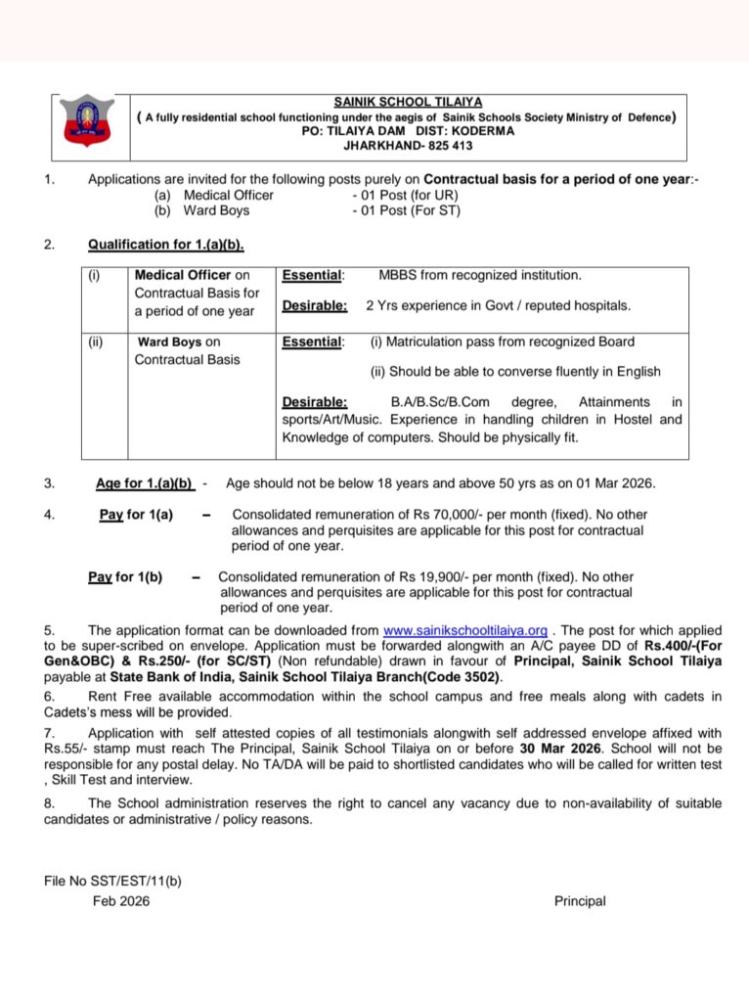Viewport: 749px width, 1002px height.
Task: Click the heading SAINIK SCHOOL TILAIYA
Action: [x=408, y=102]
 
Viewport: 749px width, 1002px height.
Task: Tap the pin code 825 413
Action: [x=440, y=144]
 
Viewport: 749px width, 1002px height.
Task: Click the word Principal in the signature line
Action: [x=580, y=901]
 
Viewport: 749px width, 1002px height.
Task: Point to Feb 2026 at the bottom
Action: [x=121, y=901]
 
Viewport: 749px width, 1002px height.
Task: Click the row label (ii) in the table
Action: [x=95, y=342]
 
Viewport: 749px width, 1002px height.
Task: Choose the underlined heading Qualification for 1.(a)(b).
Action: [x=165, y=245]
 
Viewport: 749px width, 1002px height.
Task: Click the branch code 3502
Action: [x=481, y=677]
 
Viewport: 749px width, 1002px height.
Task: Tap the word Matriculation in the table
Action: [x=430, y=342]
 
